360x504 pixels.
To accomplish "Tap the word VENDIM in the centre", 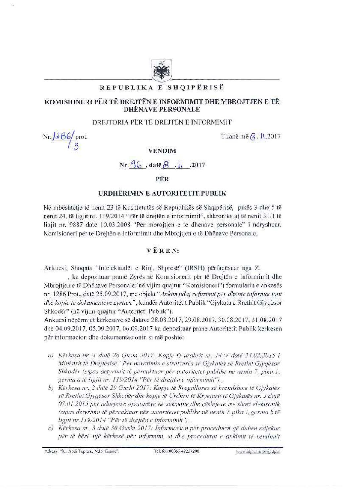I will (x=162, y=151).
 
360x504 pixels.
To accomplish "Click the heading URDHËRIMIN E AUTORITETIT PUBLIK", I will (x=162, y=193).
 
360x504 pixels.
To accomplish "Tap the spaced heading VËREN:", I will (x=162, y=251).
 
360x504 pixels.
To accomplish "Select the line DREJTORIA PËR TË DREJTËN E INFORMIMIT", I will (x=162, y=122).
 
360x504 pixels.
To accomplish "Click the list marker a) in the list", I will (x=51, y=356).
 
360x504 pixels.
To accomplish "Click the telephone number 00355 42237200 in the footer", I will (x=177, y=451).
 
